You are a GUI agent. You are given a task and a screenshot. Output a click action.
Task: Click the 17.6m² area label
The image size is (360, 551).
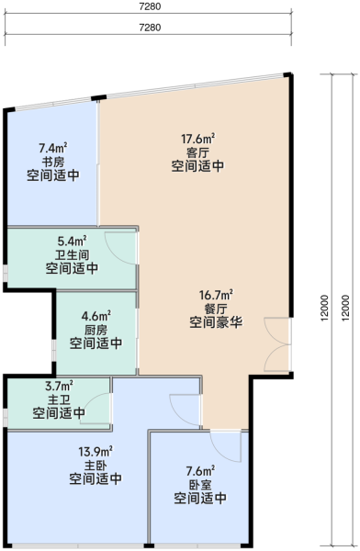(198, 139)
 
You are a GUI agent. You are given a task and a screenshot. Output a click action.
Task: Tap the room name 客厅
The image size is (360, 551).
(198, 152)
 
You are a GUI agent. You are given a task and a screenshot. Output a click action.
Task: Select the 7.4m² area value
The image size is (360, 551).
(53, 148)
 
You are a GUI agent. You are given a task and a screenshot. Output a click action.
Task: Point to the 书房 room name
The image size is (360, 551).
(53, 162)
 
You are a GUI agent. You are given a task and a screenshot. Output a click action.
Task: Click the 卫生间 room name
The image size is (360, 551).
(72, 254)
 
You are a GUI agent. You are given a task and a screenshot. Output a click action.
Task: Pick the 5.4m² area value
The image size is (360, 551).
(72, 241)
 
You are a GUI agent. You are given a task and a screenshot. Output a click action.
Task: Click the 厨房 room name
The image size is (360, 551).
(96, 330)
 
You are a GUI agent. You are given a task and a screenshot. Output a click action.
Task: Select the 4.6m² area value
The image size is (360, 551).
(96, 316)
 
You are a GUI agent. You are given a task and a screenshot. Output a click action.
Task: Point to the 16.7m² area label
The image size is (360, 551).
(216, 295)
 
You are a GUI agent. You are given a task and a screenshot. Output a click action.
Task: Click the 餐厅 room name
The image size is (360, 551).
(216, 309)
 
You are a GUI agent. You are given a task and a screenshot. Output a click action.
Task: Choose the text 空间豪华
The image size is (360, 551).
(216, 322)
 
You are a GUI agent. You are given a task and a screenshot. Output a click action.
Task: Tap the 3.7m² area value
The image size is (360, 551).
(59, 386)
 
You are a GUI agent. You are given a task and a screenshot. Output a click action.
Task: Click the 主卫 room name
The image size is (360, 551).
(59, 399)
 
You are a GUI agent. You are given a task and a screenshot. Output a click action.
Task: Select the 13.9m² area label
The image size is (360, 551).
(96, 451)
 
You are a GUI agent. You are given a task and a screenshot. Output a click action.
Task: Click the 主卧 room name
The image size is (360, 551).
(96, 466)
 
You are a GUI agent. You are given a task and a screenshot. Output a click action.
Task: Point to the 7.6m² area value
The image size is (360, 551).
(200, 470)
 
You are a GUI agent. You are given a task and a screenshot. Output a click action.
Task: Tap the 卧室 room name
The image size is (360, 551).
(200, 485)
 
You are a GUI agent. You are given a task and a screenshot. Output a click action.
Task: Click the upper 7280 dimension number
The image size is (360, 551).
(150, 6)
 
